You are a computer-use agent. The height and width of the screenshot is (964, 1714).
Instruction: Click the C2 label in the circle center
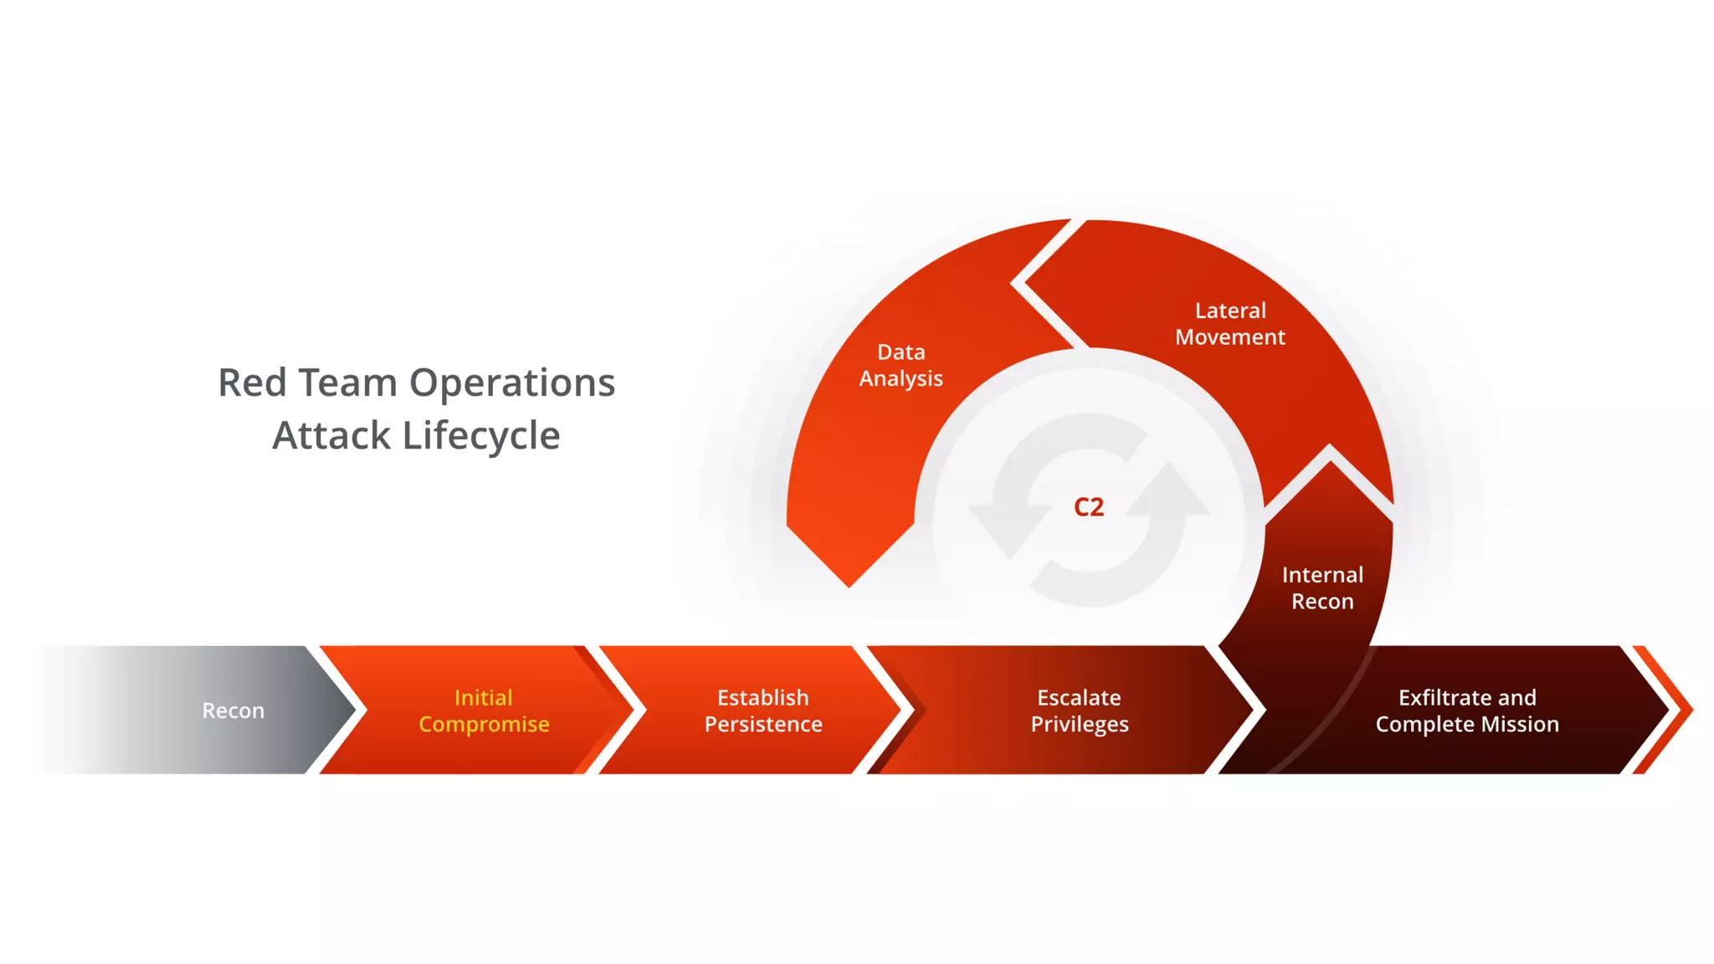tap(1089, 507)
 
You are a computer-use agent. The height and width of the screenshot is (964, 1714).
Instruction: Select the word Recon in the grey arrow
tap(233, 710)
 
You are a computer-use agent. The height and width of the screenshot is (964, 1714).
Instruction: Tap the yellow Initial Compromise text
tap(484, 710)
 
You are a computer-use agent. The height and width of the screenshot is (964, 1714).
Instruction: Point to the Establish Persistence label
tap(763, 710)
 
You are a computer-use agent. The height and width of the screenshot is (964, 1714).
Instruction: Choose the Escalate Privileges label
tap(1080, 710)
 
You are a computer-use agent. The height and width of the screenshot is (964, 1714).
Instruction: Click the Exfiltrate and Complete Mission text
tap(1467, 710)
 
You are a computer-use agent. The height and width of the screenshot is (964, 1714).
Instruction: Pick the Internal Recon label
tap(1322, 587)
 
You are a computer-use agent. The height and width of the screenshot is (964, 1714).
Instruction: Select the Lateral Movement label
tap(1230, 324)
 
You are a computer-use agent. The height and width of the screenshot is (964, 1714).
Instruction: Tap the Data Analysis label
tap(901, 365)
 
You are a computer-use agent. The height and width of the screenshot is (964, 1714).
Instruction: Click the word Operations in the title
tap(512, 382)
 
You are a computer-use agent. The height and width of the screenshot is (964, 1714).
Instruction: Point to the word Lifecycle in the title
tap(481, 436)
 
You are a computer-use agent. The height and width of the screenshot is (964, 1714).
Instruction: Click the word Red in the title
tap(252, 382)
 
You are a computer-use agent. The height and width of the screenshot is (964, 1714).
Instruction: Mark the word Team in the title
tap(348, 382)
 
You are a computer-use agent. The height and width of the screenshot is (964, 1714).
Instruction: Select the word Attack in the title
tap(331, 436)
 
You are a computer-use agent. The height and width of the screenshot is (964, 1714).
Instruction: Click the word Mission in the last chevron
tap(1520, 724)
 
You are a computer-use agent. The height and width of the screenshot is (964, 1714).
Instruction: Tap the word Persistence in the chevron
tap(763, 724)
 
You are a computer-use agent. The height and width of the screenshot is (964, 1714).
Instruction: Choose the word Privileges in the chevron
tap(1080, 725)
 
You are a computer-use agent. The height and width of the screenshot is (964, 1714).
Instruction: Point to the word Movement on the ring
tap(1230, 337)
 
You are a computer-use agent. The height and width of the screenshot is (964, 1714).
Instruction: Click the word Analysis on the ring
tap(901, 379)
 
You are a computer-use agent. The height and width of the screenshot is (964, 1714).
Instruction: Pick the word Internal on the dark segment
tap(1322, 575)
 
